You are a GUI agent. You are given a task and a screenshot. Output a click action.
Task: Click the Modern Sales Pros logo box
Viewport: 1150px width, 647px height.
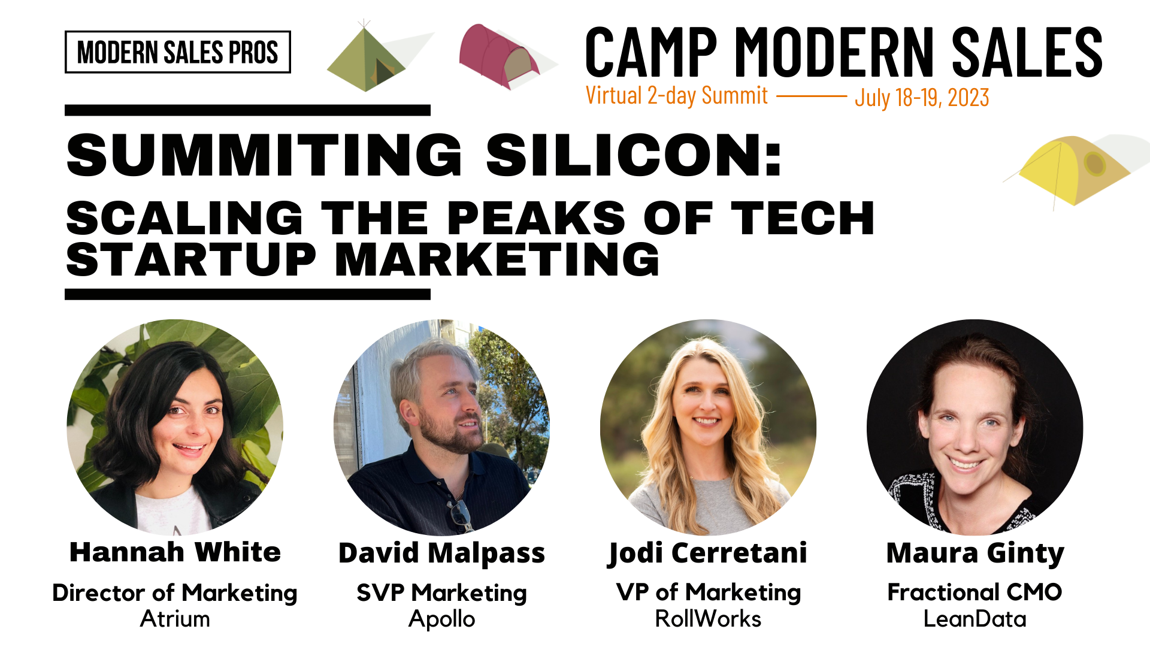pyautogui.click(x=178, y=52)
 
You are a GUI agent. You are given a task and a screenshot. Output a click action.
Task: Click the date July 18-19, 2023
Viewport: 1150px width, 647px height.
pyautogui.click(x=922, y=98)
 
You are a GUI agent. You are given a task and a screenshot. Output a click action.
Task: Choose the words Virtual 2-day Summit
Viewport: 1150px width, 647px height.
pyautogui.click(x=677, y=96)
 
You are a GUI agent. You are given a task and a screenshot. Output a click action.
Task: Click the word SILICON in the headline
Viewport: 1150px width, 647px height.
pyautogui.click(x=634, y=155)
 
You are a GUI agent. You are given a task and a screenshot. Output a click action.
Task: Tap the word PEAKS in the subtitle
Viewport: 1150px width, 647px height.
pyautogui.click(x=536, y=217)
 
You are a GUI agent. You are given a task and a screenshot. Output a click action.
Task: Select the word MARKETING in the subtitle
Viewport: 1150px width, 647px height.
pyautogui.click(x=497, y=259)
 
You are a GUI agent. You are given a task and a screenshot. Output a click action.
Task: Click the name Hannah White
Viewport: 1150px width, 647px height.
pyautogui.click(x=175, y=552)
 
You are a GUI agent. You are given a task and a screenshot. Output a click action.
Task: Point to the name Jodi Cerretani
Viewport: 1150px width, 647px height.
pyautogui.click(x=708, y=553)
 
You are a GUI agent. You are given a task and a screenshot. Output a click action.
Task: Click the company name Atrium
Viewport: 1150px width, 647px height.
pyautogui.click(x=175, y=619)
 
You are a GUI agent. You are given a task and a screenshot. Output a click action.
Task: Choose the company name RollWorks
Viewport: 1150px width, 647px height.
pyautogui.click(x=708, y=619)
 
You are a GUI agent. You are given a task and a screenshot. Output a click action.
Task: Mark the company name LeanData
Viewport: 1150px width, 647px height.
pyautogui.click(x=975, y=619)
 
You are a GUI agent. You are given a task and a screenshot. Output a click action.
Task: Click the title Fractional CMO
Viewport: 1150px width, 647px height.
pyautogui.click(x=975, y=592)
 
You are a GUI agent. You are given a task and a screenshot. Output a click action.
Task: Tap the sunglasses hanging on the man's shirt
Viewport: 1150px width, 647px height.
pyautogui.click(x=460, y=514)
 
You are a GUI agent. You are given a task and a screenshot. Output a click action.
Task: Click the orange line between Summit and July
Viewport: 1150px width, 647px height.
pyautogui.click(x=812, y=96)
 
